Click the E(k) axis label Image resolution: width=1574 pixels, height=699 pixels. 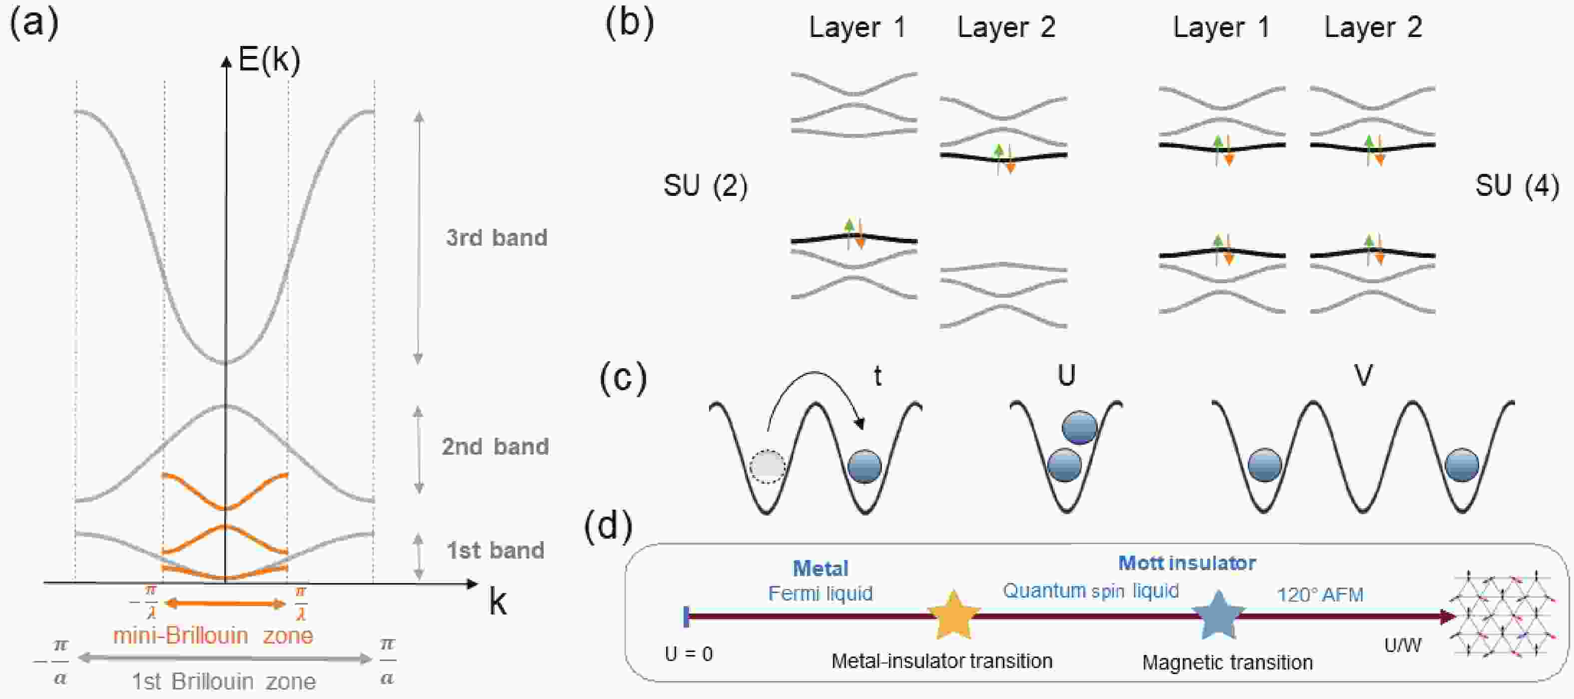[269, 60]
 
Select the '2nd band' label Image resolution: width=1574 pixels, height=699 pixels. [495, 446]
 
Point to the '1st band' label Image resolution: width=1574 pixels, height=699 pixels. [495, 550]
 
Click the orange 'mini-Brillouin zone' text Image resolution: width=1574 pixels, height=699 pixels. [213, 636]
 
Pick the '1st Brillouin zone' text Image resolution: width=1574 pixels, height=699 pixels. [224, 681]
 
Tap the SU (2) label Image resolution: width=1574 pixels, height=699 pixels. [705, 185]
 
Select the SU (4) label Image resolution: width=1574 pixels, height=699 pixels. [1517, 185]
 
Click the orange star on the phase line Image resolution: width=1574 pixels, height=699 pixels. [954, 614]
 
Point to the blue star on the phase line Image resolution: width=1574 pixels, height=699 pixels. [1219, 614]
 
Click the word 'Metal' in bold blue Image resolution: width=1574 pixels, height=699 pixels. [820, 568]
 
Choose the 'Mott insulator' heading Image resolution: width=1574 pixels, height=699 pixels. [1187, 563]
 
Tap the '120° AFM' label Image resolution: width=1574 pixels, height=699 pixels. [1320, 595]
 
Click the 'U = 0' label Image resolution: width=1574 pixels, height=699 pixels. [689, 654]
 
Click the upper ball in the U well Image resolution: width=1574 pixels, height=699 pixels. [1080, 428]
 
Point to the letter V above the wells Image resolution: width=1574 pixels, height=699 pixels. [1363, 375]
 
